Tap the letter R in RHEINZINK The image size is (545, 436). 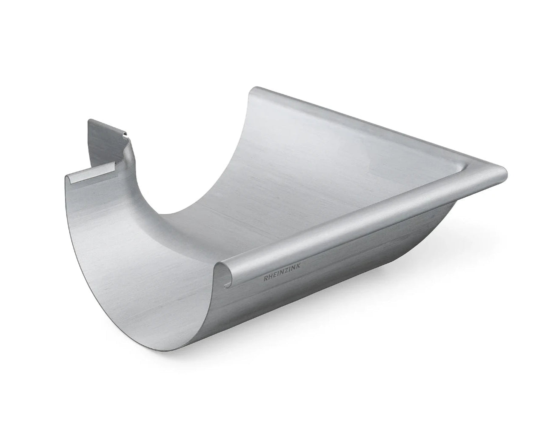click(x=265, y=279)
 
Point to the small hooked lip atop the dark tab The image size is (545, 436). click(x=126, y=135)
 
